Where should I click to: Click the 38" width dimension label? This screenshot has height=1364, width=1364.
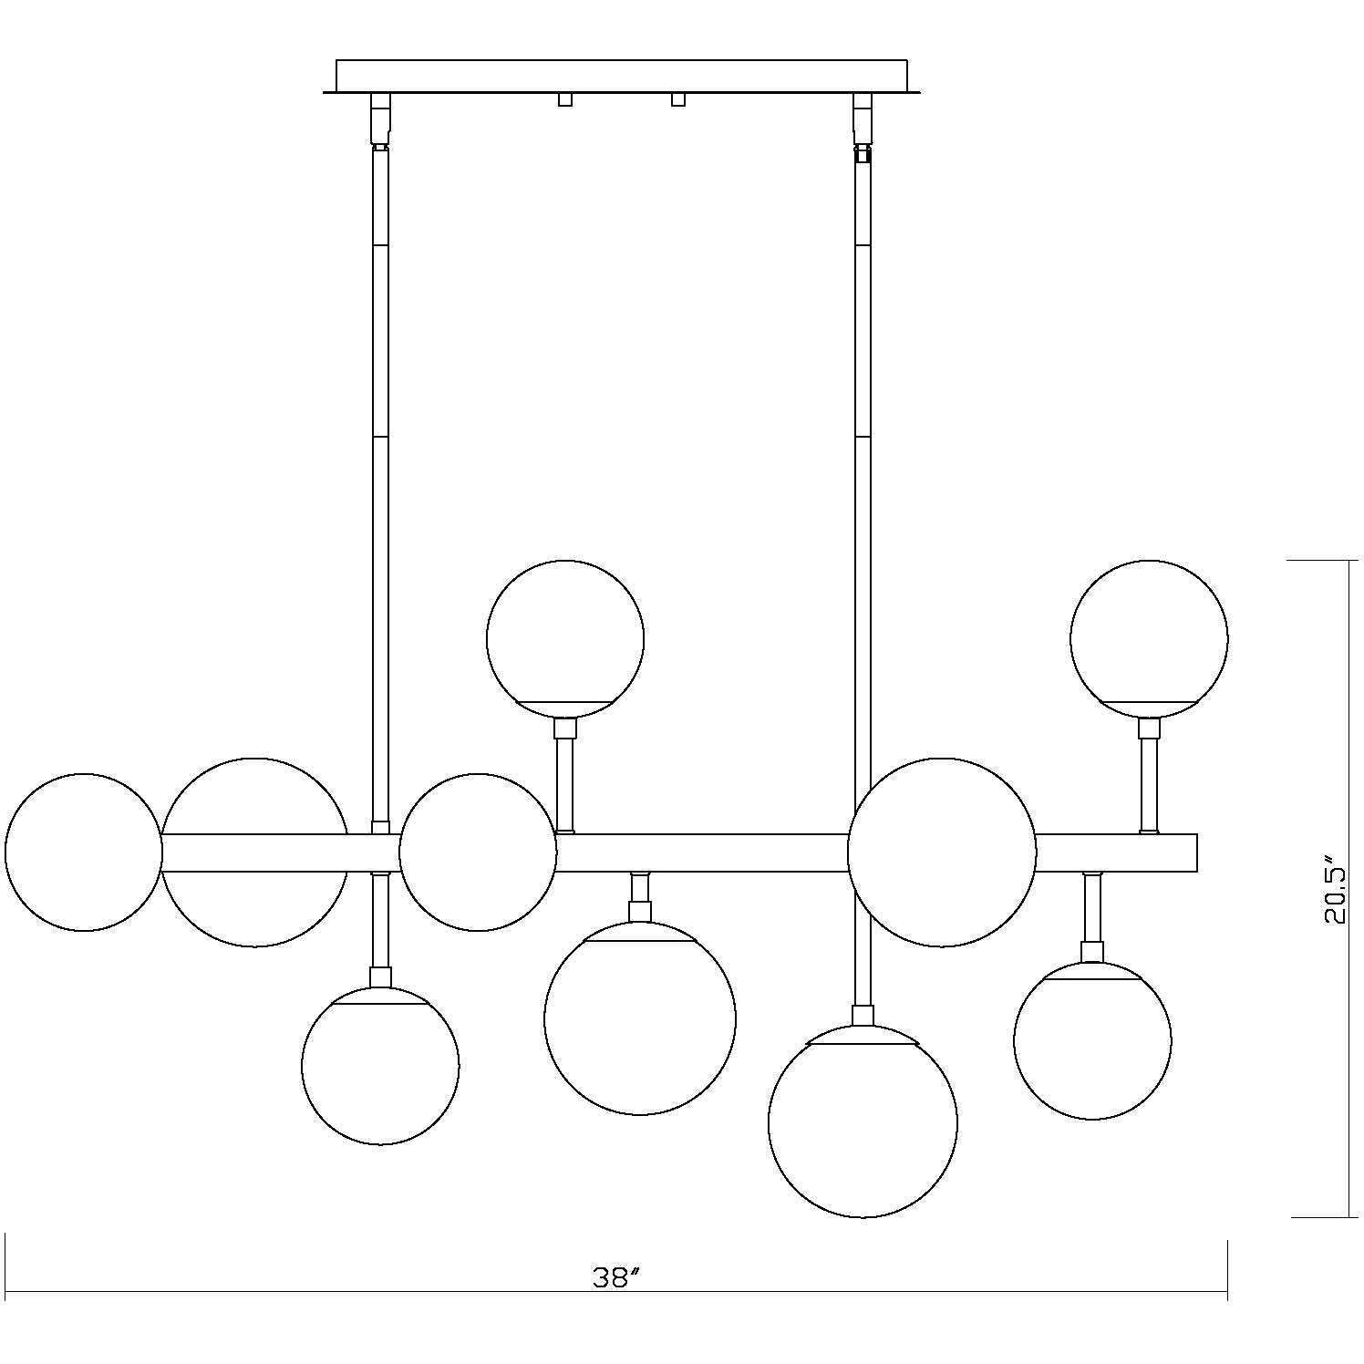[612, 1278]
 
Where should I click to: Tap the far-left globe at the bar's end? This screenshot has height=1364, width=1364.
[84, 852]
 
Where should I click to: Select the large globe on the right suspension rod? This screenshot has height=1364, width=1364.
[942, 852]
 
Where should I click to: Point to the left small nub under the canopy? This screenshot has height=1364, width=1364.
[565, 99]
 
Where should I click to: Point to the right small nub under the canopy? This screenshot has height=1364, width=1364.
[677, 99]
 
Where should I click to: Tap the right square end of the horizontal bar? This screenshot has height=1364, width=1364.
[1185, 852]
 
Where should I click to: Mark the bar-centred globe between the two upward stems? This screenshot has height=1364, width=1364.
[478, 852]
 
